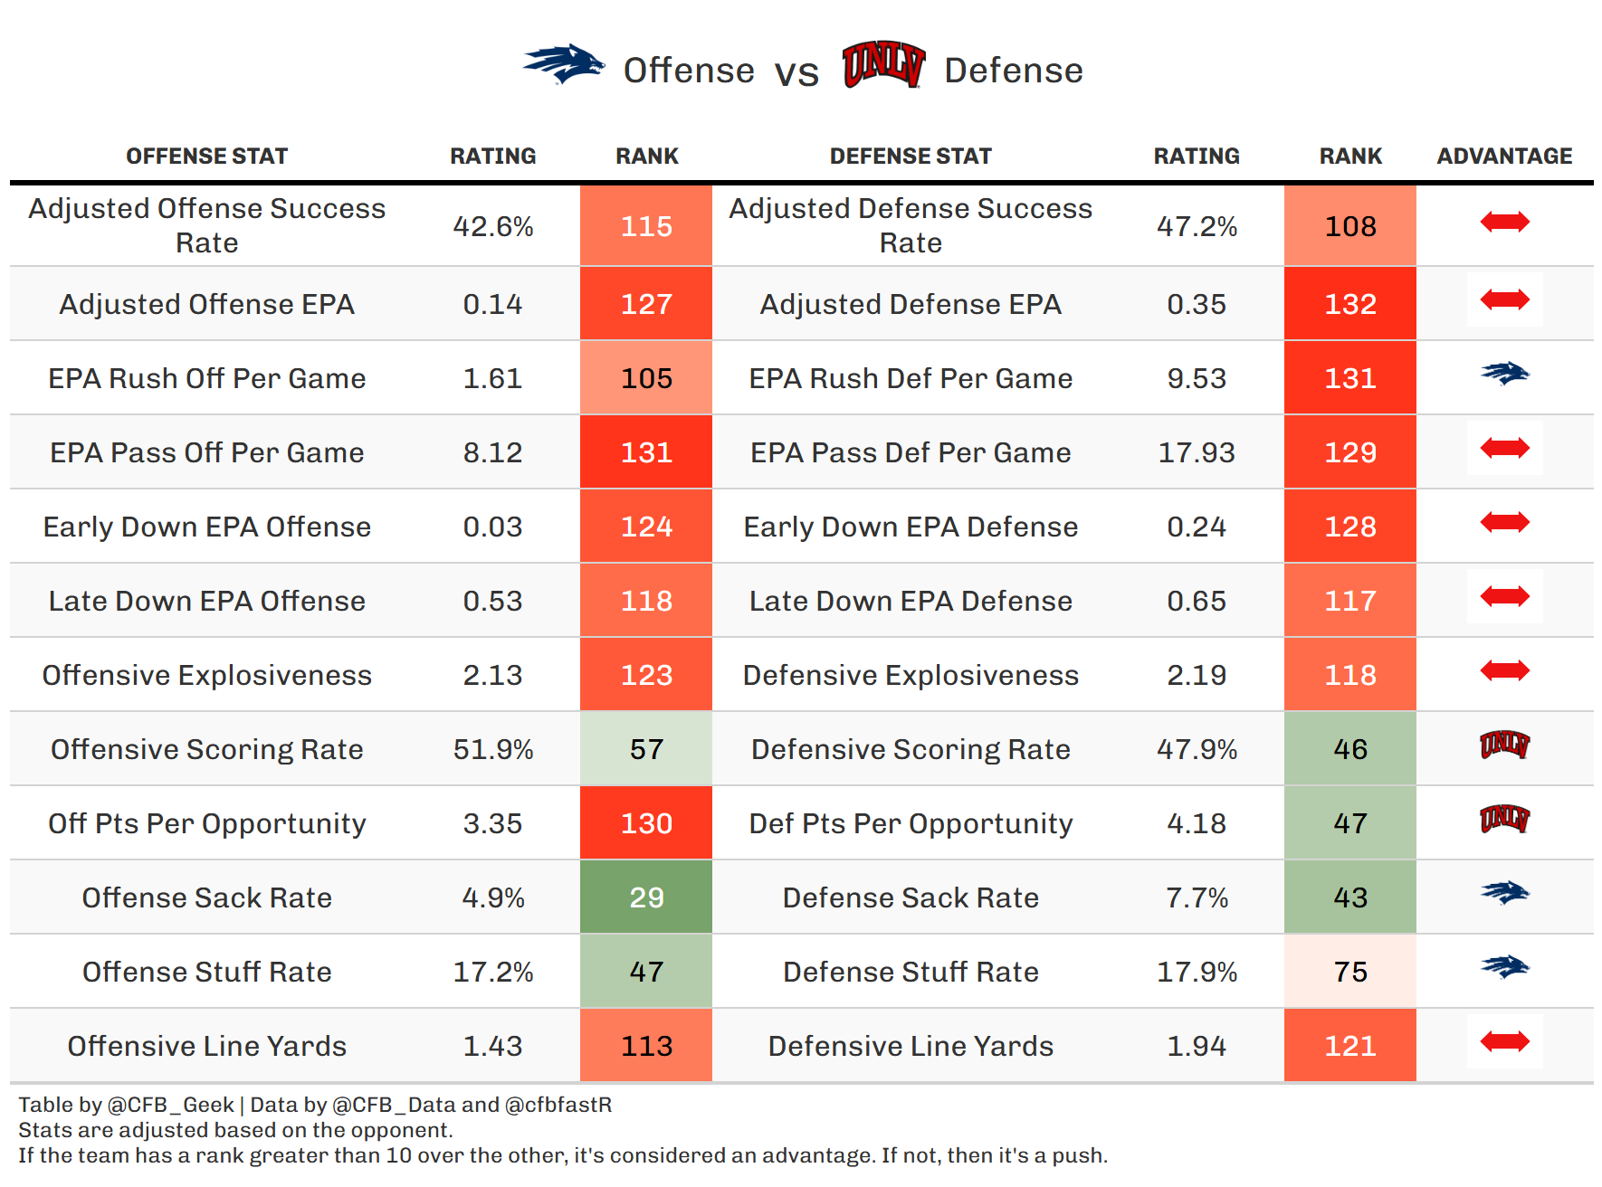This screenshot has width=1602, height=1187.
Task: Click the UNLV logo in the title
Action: pos(883,65)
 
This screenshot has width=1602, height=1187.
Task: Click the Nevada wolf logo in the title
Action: pos(563,65)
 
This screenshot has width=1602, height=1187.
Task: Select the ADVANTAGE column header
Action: pos(1504,157)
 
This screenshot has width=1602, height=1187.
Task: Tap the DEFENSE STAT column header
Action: pos(911,157)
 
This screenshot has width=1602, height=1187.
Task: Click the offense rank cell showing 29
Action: pos(646,897)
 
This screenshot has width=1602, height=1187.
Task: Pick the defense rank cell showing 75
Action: pos(1350,972)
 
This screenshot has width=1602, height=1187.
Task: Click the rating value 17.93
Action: pos(1197,452)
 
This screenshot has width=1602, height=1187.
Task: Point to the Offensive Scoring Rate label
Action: pos(207,749)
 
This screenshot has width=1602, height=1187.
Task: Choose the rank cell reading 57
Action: pos(646,749)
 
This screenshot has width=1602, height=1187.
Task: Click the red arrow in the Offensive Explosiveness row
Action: pos(1504,670)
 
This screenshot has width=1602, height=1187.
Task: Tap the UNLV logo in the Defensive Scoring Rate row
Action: pos(1504,745)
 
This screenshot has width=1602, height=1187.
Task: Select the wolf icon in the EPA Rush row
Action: pos(1504,374)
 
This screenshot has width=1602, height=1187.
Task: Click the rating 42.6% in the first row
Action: pos(493,226)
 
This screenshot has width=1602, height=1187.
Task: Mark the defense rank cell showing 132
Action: pos(1350,304)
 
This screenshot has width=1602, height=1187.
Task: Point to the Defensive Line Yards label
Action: pos(911,1046)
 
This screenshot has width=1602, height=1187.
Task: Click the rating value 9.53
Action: pos(1197,378)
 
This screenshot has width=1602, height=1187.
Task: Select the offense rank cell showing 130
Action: pos(646,823)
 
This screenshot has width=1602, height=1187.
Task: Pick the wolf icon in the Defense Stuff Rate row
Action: pos(1504,967)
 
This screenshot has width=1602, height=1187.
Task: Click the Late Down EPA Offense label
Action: pos(207,601)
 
